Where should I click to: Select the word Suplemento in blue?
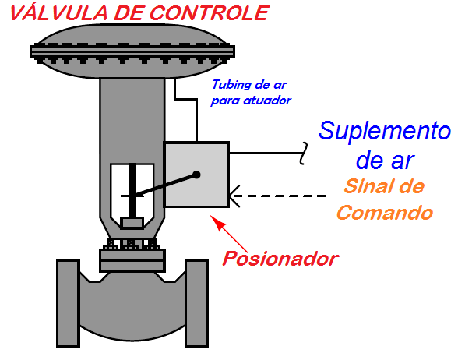point(385,131)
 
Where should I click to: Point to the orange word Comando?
point(384,212)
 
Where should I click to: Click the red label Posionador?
point(281,258)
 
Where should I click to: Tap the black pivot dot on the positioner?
point(197,175)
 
